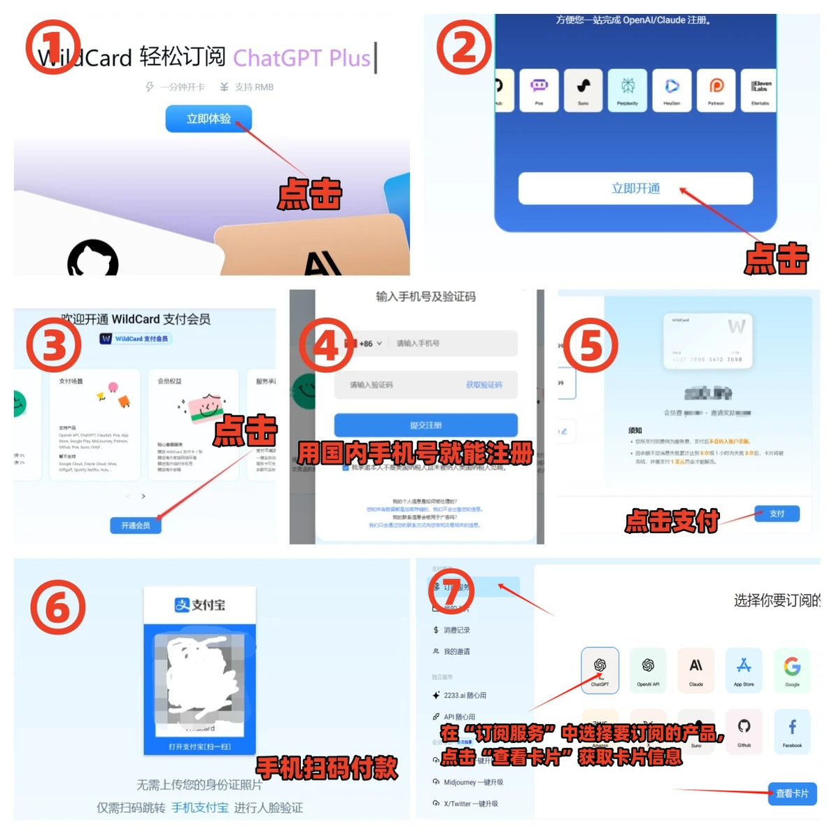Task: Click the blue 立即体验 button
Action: [x=208, y=119]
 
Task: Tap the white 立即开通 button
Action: [x=635, y=188]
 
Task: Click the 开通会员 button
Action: [x=136, y=525]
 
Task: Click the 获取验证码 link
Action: [x=484, y=385]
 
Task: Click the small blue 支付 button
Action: [x=777, y=514]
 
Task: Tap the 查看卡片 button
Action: [x=792, y=793]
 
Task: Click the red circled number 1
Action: [x=53, y=48]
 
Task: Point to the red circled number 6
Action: [x=57, y=607]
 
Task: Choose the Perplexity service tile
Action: [x=628, y=90]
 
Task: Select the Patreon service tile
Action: [x=716, y=90]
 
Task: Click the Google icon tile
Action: [x=792, y=670]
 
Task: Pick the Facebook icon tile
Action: [x=792, y=731]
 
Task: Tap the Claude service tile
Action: [x=696, y=670]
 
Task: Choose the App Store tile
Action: [x=744, y=670]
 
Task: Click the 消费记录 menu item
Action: [x=456, y=630]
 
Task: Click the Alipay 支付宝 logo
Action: [x=200, y=605]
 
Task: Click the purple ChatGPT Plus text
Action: [x=302, y=58]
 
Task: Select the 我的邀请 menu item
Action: [x=456, y=651]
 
